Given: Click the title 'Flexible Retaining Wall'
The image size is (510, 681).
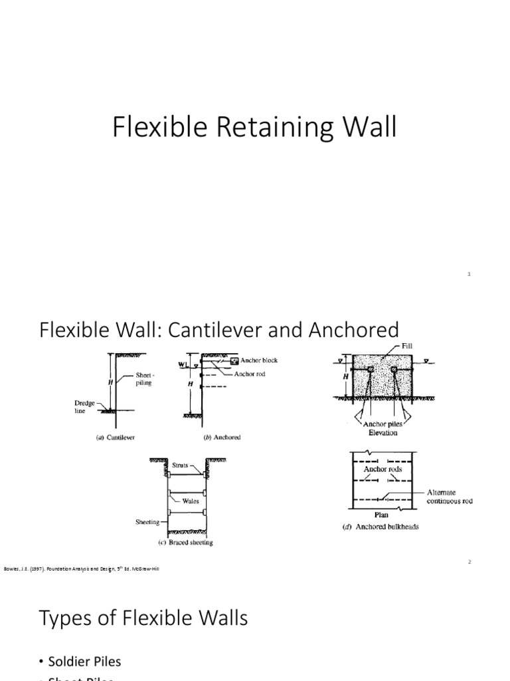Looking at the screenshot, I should point(254,128).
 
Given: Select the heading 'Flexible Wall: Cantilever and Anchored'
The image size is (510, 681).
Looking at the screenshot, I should point(219,330).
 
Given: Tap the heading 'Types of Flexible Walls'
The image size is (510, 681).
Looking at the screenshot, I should point(143,618).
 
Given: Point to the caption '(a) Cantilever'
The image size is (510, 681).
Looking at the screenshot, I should point(116,437).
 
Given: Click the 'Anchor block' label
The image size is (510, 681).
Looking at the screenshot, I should point(258,360).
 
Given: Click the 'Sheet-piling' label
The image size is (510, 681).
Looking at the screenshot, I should point(144,379).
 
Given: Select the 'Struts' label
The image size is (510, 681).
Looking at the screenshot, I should point(181,466).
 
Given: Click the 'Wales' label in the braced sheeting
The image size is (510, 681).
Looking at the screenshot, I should point(191,501).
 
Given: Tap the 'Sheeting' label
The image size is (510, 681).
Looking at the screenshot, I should point(147,522).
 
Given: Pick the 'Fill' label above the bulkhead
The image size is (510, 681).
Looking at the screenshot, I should point(406,346).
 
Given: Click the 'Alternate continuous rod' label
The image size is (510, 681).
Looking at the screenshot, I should point(450,496).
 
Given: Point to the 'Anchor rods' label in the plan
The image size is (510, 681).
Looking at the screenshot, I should point(382,469).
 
